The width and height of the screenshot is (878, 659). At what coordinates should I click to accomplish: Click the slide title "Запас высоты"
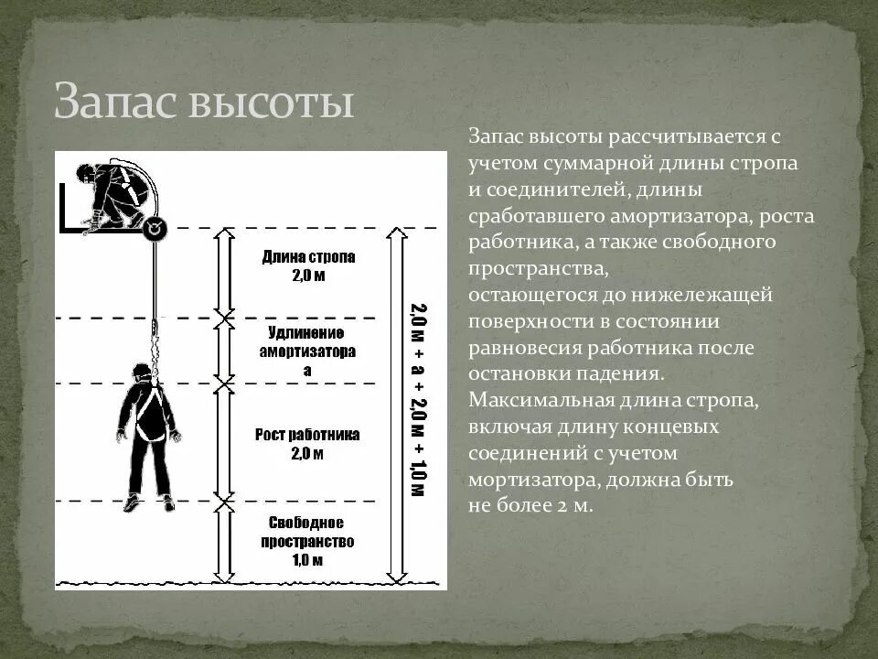(203, 102)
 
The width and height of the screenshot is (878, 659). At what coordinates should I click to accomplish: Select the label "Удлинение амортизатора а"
(307, 351)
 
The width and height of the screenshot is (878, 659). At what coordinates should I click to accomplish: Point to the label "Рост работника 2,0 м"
(307, 443)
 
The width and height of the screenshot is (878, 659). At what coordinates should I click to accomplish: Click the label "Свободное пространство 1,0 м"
(307, 540)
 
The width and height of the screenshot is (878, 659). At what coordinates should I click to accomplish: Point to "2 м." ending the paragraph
(575, 504)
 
